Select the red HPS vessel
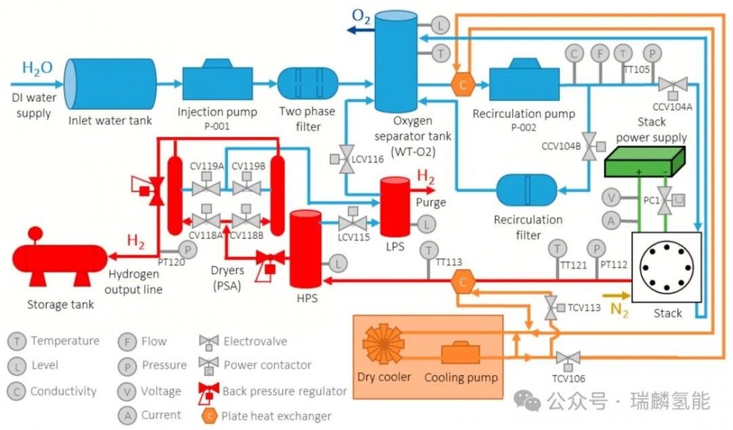(307, 249)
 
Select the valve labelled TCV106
(567, 359)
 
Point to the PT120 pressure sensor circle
(188, 251)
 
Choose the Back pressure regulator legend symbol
(209, 391)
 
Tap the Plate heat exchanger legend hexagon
(210, 415)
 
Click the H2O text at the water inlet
(37, 68)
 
